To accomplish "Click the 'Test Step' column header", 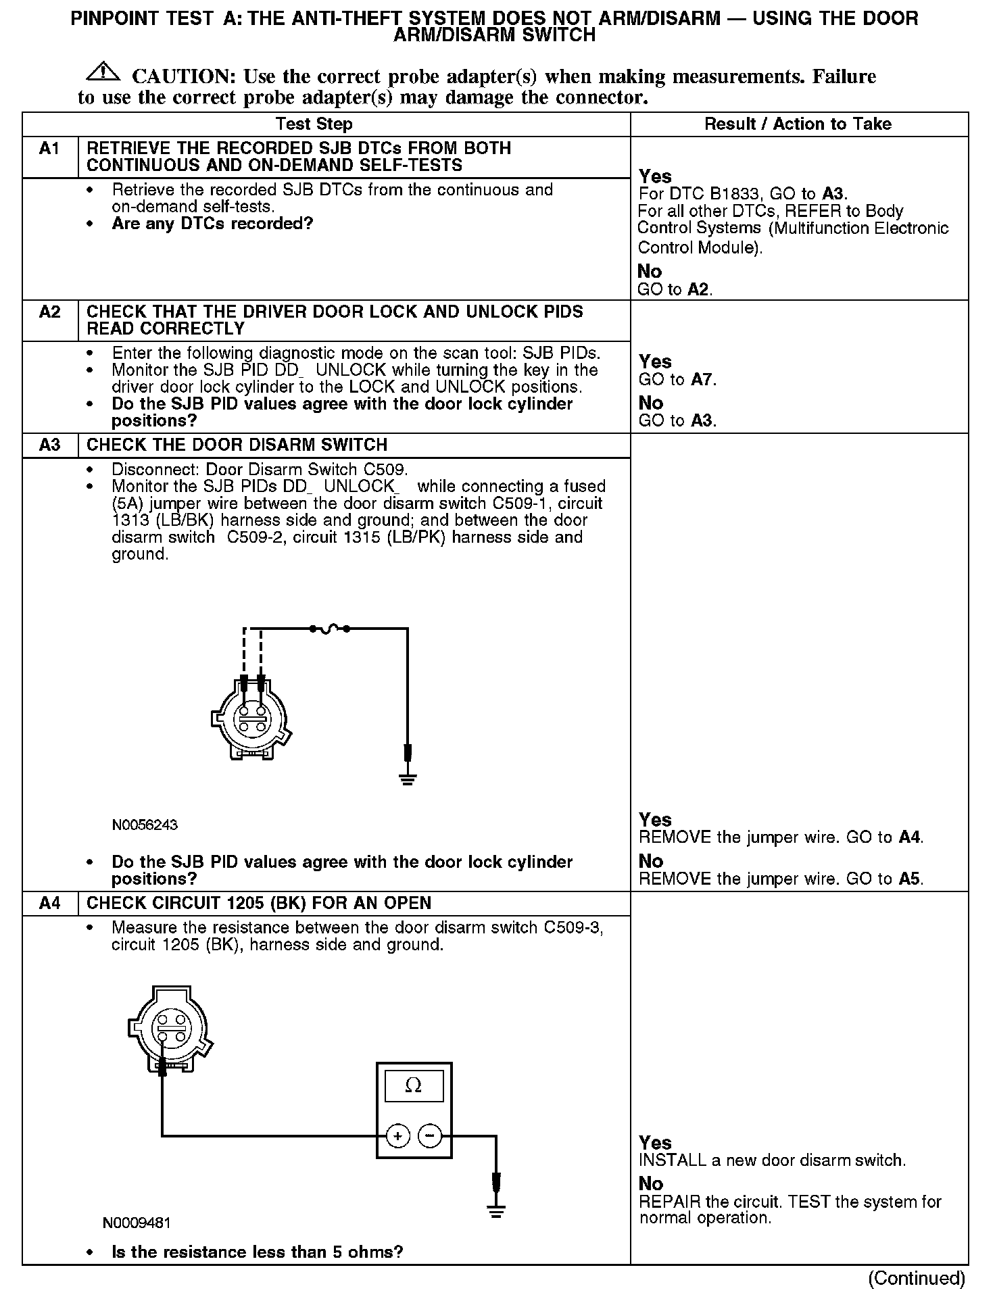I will [x=314, y=124].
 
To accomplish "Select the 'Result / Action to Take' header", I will [x=798, y=124].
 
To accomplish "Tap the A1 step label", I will [x=49, y=149].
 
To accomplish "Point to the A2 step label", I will [x=49, y=312].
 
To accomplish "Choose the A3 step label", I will [x=49, y=445].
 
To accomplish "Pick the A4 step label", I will [x=49, y=904].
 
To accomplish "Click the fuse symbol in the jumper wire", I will [x=329, y=629].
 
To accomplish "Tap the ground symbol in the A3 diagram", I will [x=408, y=779].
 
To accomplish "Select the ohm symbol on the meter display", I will [x=413, y=1086].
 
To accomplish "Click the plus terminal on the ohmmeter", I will [x=398, y=1136].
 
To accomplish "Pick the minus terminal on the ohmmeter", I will [x=430, y=1136].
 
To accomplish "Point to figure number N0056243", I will [x=145, y=825].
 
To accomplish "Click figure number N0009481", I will [x=137, y=1223].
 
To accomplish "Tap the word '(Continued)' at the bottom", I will [x=917, y=1278].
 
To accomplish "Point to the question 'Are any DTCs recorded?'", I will [x=212, y=224].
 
